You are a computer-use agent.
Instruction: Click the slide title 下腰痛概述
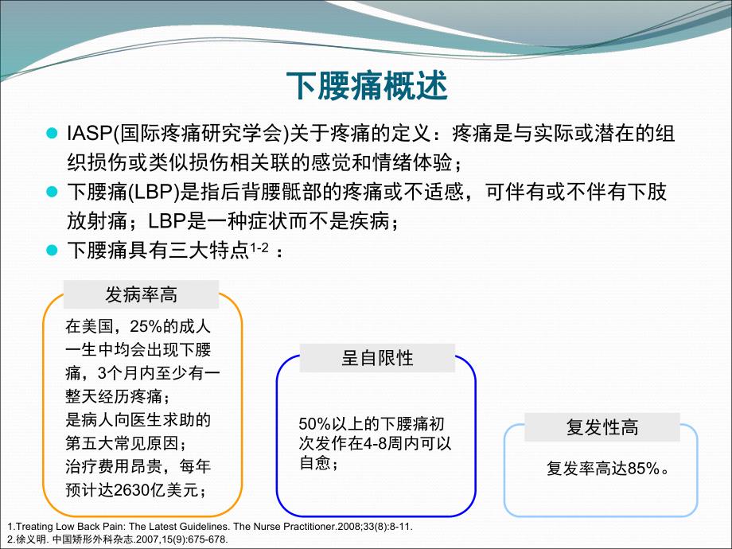tap(365, 86)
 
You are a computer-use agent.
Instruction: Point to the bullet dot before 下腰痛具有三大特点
tap(53, 251)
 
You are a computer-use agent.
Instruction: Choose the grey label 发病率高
tap(142, 295)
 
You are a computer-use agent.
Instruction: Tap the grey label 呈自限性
tap(377, 357)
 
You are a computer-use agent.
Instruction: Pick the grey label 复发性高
tap(602, 427)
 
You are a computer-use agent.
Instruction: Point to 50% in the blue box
tap(313, 424)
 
